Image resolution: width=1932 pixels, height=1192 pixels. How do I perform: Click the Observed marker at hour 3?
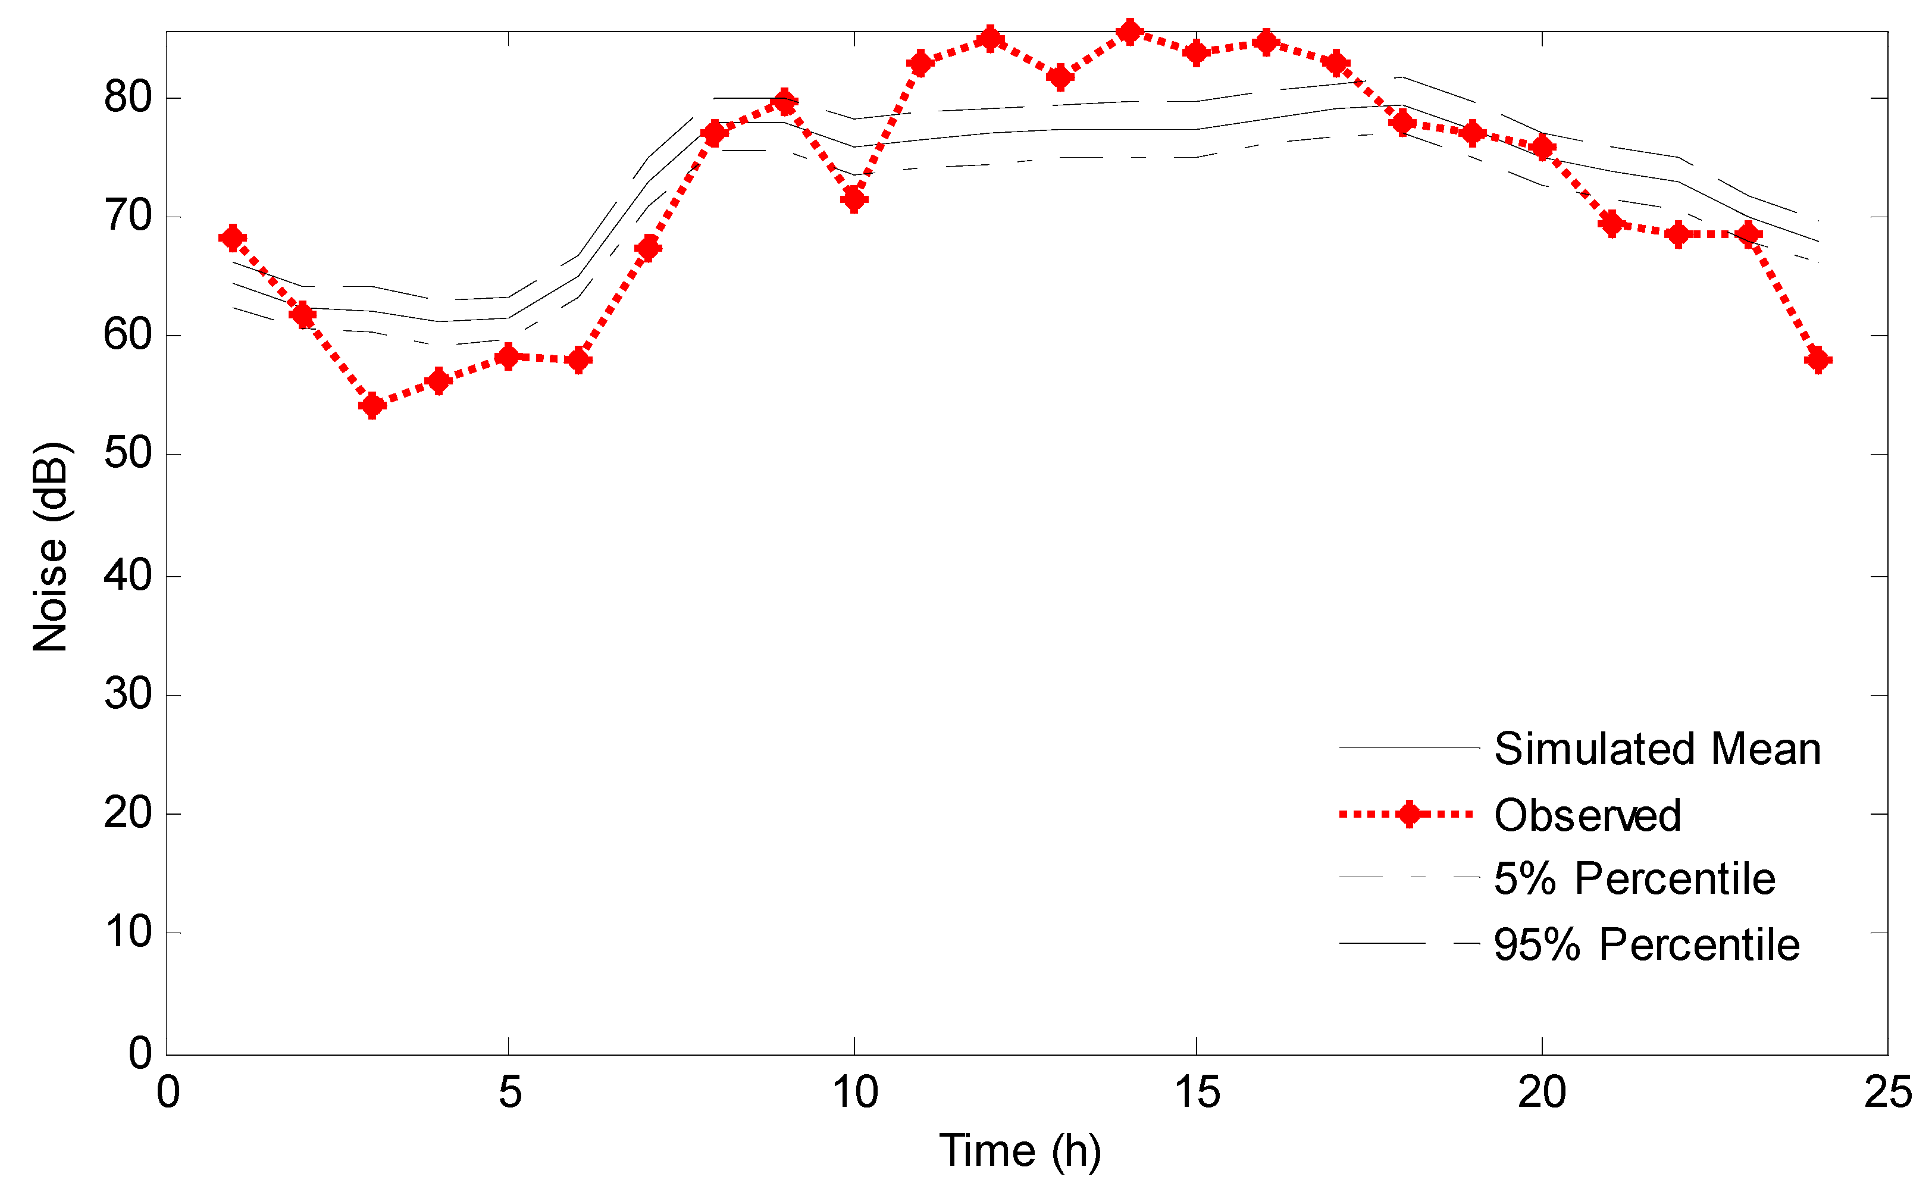[372, 406]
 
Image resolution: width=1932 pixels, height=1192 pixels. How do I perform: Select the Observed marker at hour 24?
[1818, 360]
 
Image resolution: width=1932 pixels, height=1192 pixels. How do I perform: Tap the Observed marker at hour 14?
[1129, 32]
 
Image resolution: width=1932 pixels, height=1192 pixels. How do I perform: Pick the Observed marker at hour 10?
[854, 199]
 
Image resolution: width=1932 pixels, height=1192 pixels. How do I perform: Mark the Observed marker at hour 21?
[1612, 224]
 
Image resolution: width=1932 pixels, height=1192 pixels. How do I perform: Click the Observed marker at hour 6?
[578, 360]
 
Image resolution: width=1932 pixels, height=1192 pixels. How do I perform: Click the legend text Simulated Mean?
[1657, 748]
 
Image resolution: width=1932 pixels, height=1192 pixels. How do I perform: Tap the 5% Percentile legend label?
[1634, 878]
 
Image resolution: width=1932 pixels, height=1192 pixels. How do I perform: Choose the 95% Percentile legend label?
[1646, 944]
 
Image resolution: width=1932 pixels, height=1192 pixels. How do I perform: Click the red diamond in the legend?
[1408, 814]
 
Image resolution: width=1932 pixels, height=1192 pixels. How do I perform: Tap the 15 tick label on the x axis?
[1197, 1093]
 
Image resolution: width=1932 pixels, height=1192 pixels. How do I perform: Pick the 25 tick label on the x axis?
[1887, 1093]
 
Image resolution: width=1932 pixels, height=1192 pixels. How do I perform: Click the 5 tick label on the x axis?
[509, 1093]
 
